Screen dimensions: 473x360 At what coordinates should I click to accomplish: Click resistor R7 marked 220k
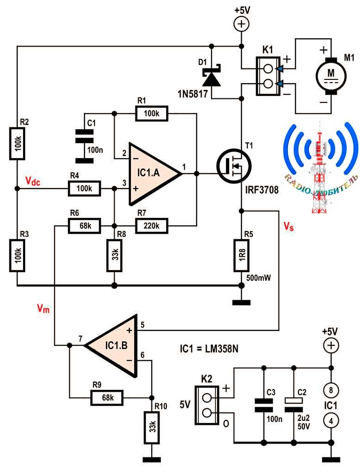point(152,225)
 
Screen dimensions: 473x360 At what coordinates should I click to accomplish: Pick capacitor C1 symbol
point(84,138)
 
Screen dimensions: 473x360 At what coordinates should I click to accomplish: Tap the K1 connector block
point(267,76)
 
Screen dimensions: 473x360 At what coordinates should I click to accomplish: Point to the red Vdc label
point(32,182)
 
